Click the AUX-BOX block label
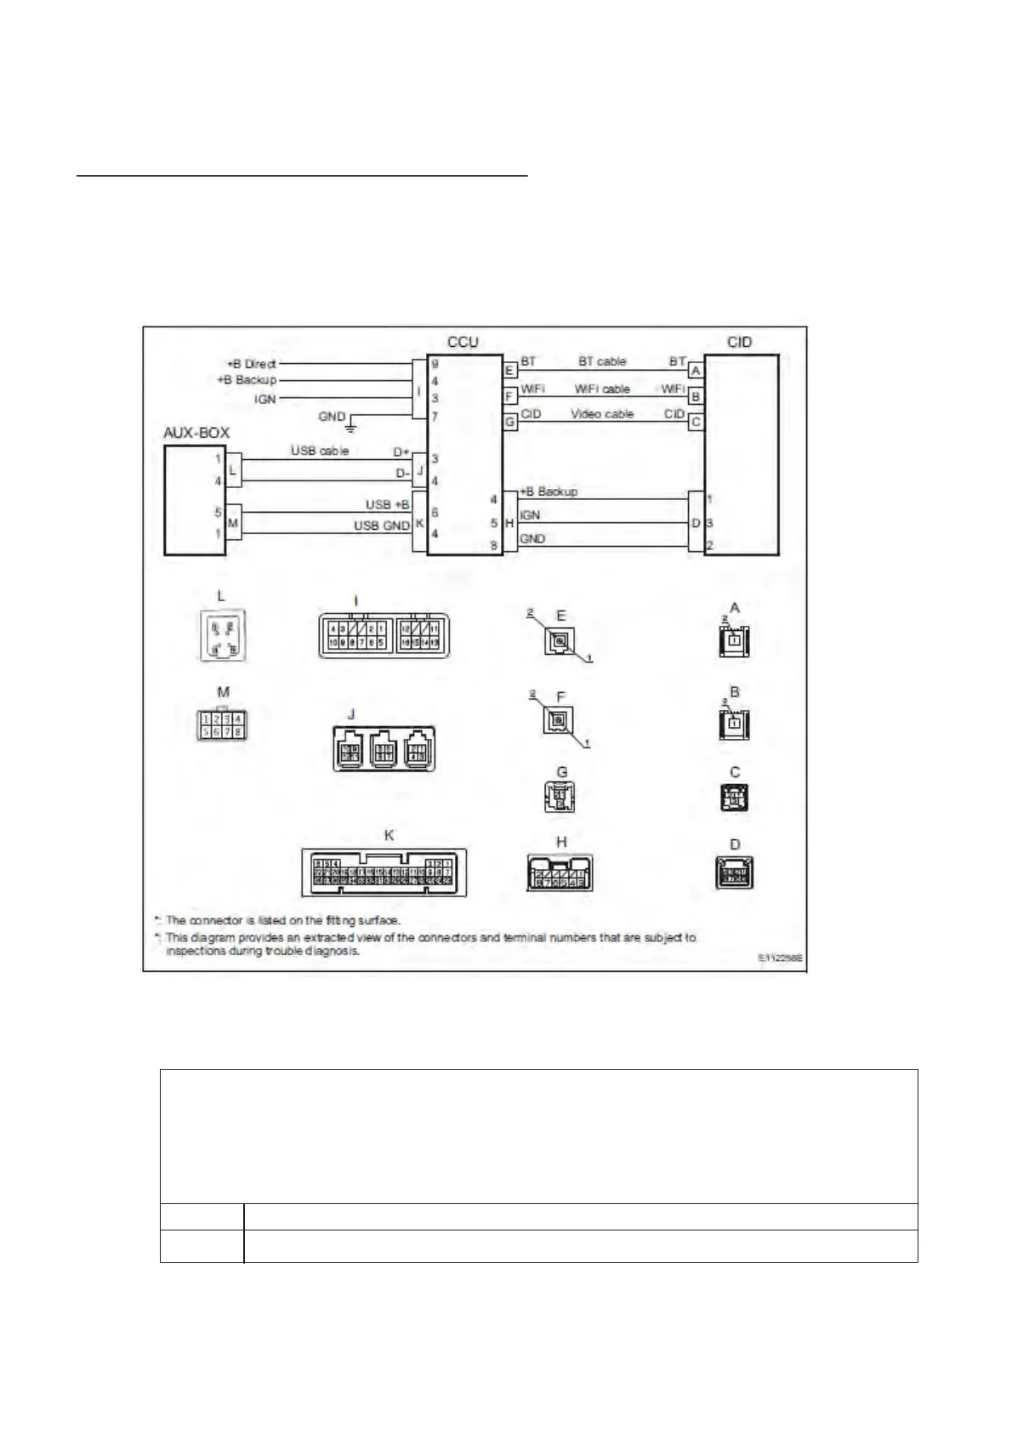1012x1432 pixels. [196, 433]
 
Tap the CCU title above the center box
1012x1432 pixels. [463, 342]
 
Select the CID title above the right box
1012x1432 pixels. [739, 342]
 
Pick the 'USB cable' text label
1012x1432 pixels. [320, 450]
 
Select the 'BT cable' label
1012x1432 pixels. [601, 361]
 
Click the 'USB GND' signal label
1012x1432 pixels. [382, 526]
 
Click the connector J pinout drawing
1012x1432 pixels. [384, 748]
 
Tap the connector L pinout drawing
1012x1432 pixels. [221, 634]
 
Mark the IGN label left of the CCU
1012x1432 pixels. [265, 399]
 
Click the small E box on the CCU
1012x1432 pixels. [509, 370]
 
